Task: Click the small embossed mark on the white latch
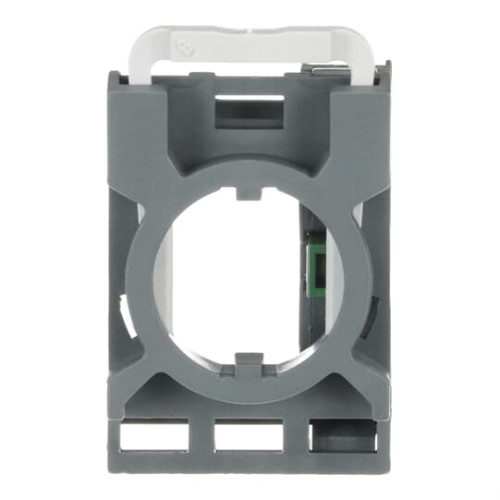[182, 45]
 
